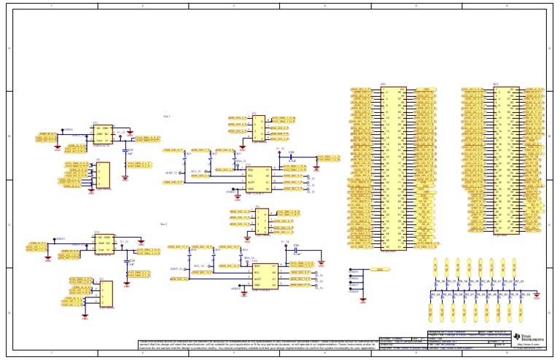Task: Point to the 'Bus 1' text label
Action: (x=167, y=116)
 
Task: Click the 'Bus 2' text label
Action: (x=164, y=224)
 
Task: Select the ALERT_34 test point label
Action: (x=176, y=269)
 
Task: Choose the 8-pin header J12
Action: (x=258, y=128)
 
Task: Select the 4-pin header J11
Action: (x=103, y=176)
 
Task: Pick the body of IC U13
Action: (x=104, y=245)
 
